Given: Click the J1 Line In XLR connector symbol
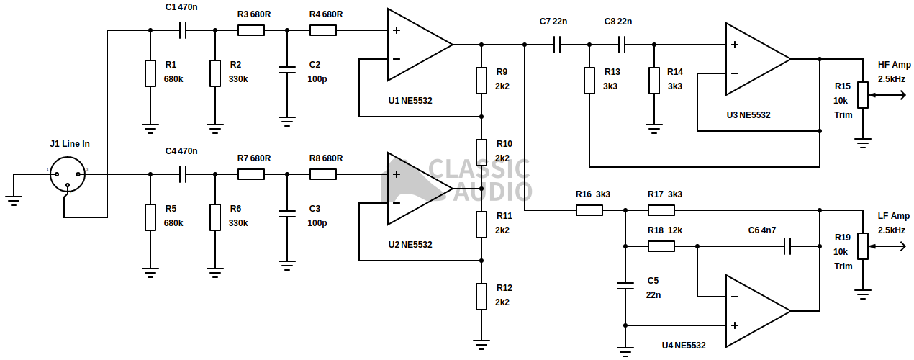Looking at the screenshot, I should [68, 174].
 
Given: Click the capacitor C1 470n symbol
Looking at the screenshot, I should [183, 30].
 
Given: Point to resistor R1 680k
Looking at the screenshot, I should [150, 73].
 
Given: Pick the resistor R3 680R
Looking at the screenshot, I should [251, 30].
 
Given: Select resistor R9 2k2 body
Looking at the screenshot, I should [481, 80].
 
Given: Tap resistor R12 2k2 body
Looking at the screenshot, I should [481, 296].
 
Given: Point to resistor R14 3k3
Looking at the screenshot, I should [654, 80].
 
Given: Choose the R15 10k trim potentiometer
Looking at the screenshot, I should [862, 94].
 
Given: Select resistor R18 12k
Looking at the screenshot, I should [661, 246].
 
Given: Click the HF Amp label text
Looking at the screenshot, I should [894, 65].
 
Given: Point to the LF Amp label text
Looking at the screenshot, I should [894, 216].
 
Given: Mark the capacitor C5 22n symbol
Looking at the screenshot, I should [625, 286].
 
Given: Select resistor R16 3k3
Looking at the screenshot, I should [589, 210].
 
